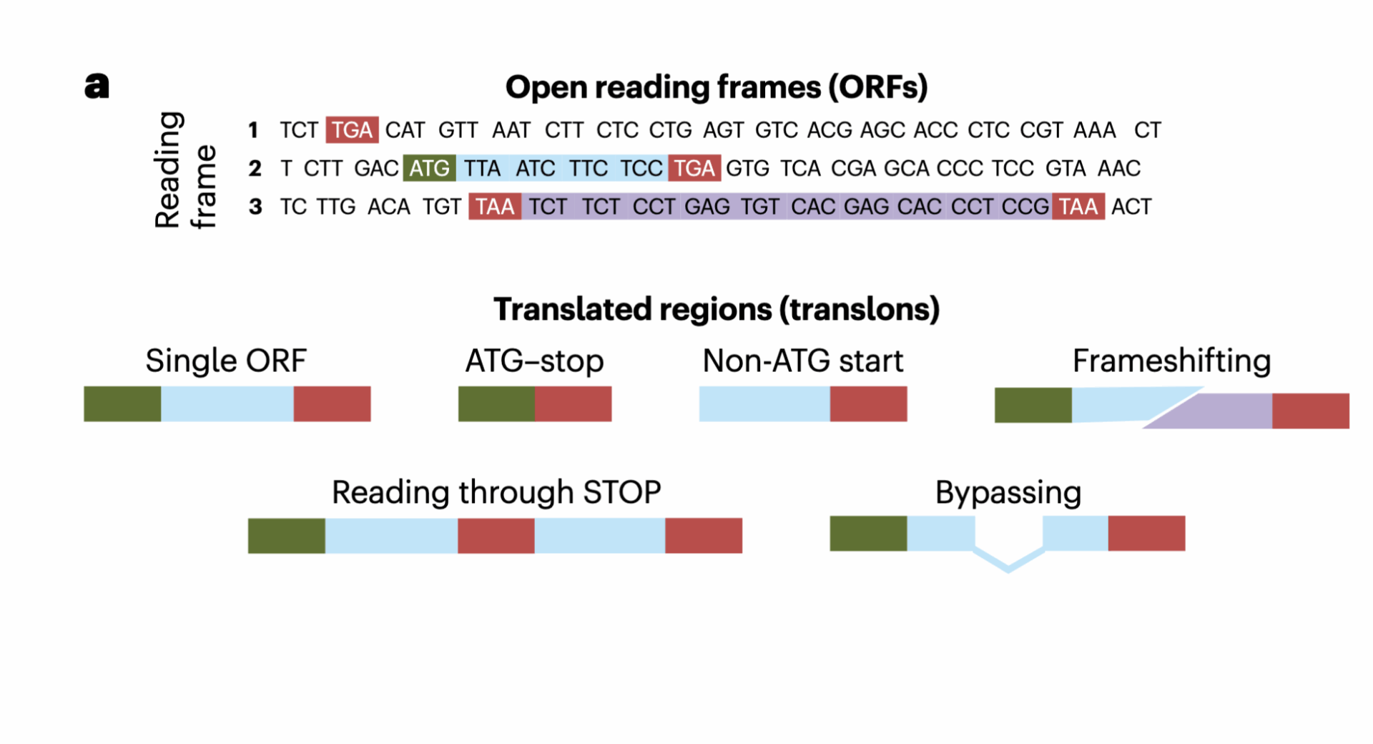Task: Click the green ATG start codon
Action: click(429, 168)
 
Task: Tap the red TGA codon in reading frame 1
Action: click(352, 130)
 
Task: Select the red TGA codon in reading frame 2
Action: click(694, 168)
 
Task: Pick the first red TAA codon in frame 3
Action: click(495, 207)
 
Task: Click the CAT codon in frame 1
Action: click(405, 130)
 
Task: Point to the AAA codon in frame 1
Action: click(1094, 130)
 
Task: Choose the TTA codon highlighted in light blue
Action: click(482, 168)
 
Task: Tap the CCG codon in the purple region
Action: click(1025, 207)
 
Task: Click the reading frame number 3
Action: click(255, 207)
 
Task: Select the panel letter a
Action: click(97, 86)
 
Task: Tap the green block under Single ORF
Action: click(122, 403)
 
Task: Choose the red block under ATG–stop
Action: click(573, 403)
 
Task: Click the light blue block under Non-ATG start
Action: click(764, 403)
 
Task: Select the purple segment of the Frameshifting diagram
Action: click(1216, 411)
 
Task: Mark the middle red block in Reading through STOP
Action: click(496, 535)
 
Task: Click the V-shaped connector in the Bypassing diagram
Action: click(1008, 562)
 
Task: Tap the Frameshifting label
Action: click(1171, 361)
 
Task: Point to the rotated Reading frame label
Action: click(184, 170)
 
